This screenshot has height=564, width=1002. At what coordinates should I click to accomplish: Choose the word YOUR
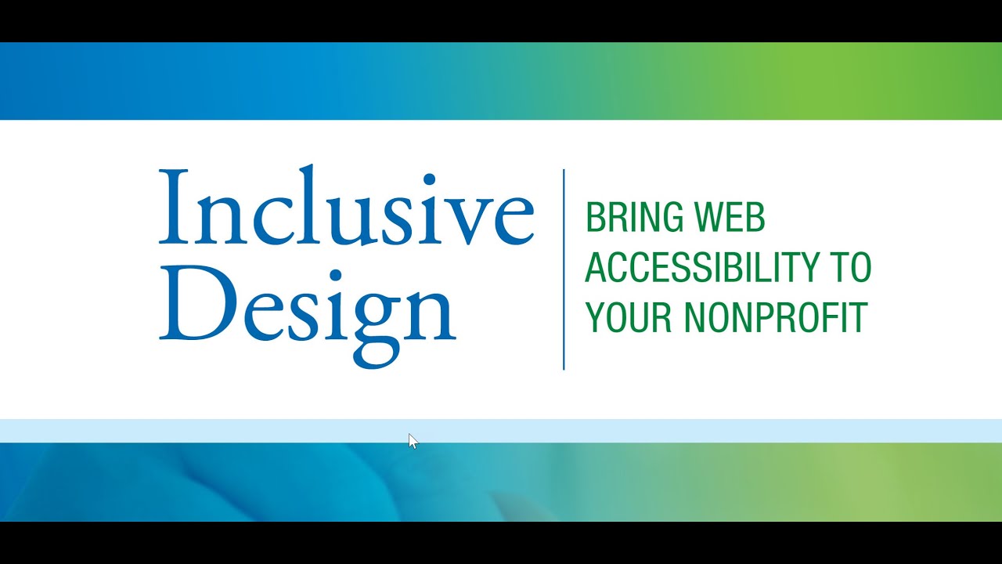629,317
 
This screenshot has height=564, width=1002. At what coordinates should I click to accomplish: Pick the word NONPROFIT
776,317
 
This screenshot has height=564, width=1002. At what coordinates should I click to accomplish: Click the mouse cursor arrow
413,441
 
